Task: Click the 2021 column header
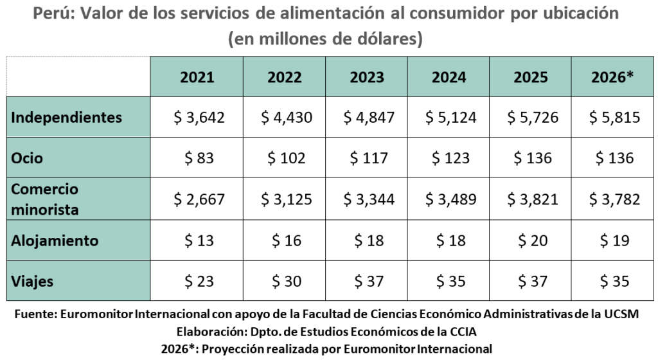197,77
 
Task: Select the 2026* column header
612,77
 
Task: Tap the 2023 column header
367,77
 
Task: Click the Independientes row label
67,118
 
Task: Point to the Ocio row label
28,158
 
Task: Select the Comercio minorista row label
46,199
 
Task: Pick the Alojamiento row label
55,240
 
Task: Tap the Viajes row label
33,282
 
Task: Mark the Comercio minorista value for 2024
450,199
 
